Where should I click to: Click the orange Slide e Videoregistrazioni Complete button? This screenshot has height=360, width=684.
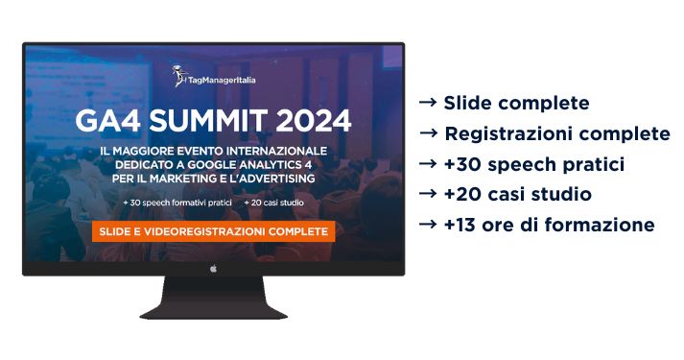[212, 231]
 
